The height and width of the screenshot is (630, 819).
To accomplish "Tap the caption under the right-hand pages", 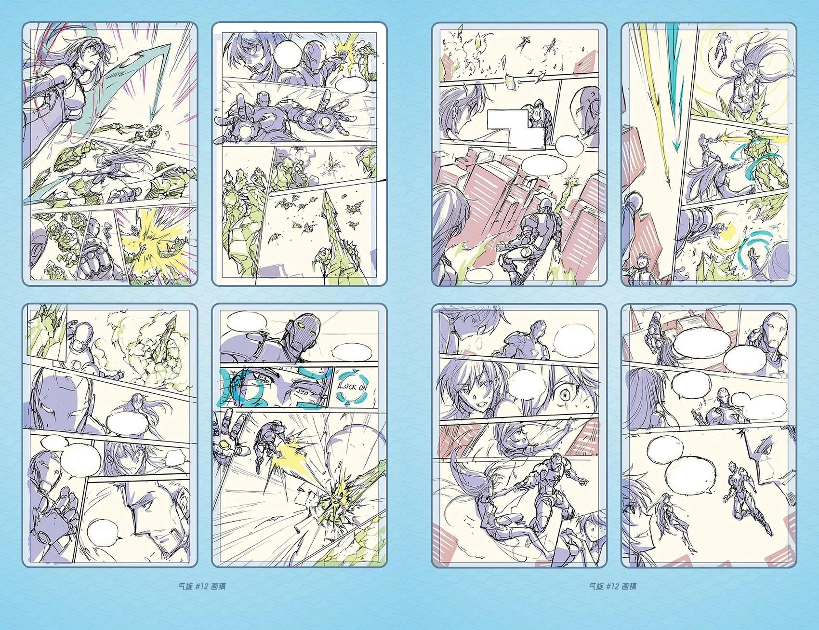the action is coord(612,587).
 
